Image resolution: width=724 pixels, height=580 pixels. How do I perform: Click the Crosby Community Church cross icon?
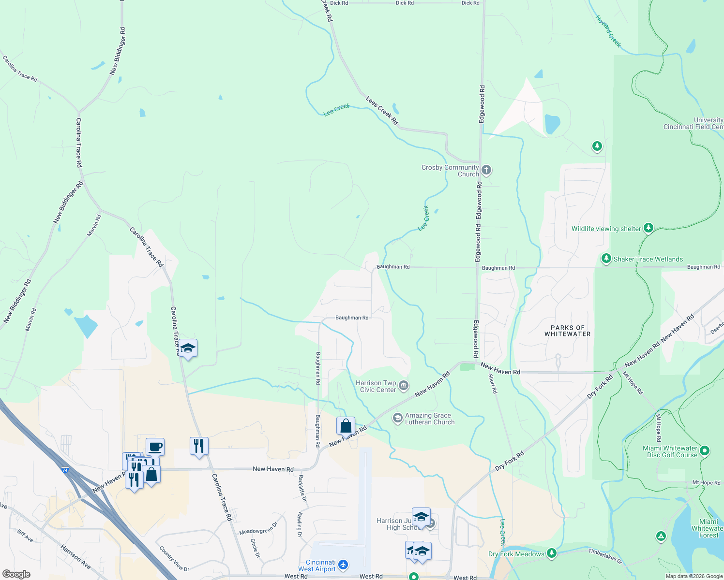point(486,170)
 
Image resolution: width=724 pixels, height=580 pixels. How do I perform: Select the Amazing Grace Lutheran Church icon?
point(397,418)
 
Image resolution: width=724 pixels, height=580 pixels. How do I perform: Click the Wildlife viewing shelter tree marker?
point(649,228)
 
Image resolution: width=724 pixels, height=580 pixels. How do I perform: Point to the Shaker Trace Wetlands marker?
point(606,259)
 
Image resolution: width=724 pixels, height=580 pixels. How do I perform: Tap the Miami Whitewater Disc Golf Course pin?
point(705,451)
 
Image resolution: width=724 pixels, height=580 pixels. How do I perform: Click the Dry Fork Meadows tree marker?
point(552,553)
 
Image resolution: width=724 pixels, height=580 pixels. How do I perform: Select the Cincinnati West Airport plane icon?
point(343,565)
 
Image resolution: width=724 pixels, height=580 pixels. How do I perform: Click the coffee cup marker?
point(155,447)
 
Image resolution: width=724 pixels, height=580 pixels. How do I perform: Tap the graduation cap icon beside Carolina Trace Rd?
point(188,348)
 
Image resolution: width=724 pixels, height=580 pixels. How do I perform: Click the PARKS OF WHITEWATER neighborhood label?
point(567,331)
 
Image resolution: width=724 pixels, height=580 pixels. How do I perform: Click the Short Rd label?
point(493,384)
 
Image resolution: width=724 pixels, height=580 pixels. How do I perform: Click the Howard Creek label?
point(608,31)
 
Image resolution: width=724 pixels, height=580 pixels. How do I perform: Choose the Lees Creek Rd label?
point(382,111)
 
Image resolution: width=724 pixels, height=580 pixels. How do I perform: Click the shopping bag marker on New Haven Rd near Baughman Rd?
point(346,426)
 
